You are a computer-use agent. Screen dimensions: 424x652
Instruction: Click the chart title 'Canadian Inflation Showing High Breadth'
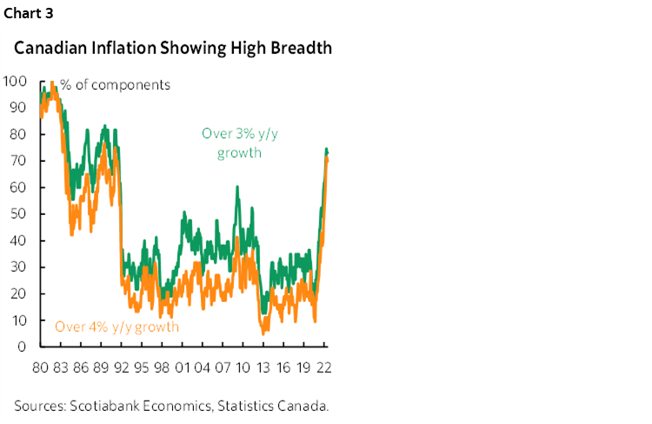coord(172,48)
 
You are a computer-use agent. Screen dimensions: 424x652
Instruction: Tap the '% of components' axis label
coord(115,84)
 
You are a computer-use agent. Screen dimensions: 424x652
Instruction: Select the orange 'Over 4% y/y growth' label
coord(117,326)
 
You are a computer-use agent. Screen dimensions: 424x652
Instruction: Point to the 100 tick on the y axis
coord(15,82)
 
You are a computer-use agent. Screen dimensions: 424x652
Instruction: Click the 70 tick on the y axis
coord(18,161)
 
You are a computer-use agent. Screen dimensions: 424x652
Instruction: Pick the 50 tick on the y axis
coord(18,214)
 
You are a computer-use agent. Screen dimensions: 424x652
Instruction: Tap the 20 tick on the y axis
coord(18,293)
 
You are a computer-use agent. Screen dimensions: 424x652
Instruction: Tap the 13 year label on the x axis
coord(261,367)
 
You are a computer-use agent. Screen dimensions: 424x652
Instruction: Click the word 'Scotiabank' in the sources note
coord(107,405)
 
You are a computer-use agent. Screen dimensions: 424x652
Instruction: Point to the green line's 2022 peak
coord(326,149)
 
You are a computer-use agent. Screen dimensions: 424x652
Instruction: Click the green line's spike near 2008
coord(236,186)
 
